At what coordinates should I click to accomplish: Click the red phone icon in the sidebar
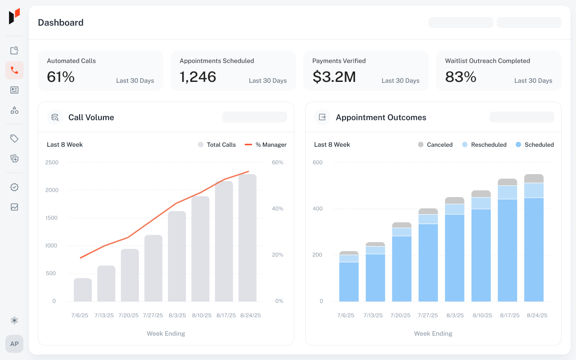[14, 70]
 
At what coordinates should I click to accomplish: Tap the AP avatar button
[14, 344]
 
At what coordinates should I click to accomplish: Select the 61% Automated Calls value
[61, 77]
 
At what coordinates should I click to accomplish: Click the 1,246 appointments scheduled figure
[198, 77]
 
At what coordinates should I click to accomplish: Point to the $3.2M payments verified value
[334, 77]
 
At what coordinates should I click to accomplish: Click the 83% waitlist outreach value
[460, 77]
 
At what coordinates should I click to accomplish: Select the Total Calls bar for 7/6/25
[83, 290]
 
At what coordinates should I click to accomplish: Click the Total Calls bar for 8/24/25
[247, 238]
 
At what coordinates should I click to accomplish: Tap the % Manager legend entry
[265, 145]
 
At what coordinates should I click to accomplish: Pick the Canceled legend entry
[435, 145]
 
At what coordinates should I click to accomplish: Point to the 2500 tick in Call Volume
[52, 162]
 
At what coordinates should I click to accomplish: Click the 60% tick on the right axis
[278, 162]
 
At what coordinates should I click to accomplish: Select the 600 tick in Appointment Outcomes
[318, 162]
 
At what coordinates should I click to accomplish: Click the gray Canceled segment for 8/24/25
[534, 179]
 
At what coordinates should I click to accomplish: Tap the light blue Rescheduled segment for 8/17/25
[507, 192]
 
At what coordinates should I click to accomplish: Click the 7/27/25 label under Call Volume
[153, 315]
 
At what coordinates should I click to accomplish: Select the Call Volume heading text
[91, 117]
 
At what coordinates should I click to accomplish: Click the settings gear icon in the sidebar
[14, 320]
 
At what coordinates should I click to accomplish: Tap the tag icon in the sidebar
[14, 139]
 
